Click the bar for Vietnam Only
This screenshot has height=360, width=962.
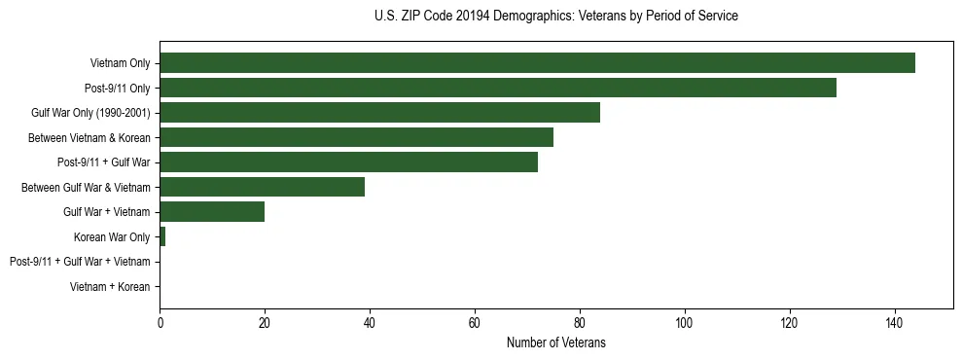[x=537, y=63]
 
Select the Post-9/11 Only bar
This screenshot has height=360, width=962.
[x=498, y=88]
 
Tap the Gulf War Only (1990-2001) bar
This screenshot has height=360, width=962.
[x=379, y=113]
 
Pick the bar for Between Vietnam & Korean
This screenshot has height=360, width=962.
[x=356, y=137]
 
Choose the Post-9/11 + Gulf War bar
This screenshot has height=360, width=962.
[x=348, y=162]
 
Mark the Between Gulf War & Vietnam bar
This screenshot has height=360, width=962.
[x=262, y=187]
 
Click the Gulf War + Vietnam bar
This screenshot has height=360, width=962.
[x=212, y=212]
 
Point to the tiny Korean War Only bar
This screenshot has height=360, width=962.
[x=162, y=236]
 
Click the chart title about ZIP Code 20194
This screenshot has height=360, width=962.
[x=555, y=17]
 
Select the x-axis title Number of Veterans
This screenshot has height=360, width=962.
[x=555, y=342]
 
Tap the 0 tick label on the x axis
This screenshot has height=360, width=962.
[x=160, y=323]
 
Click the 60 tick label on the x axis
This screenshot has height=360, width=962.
[x=475, y=323]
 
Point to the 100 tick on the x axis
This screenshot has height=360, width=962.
[x=685, y=323]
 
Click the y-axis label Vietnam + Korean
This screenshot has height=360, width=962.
[x=110, y=287]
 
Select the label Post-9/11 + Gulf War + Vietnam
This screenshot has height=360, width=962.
[x=80, y=262]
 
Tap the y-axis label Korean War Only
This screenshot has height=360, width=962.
[x=112, y=236]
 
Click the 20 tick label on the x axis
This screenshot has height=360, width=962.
[x=265, y=323]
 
